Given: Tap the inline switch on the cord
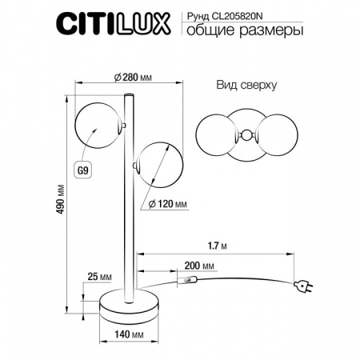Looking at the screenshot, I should click(190, 280).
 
